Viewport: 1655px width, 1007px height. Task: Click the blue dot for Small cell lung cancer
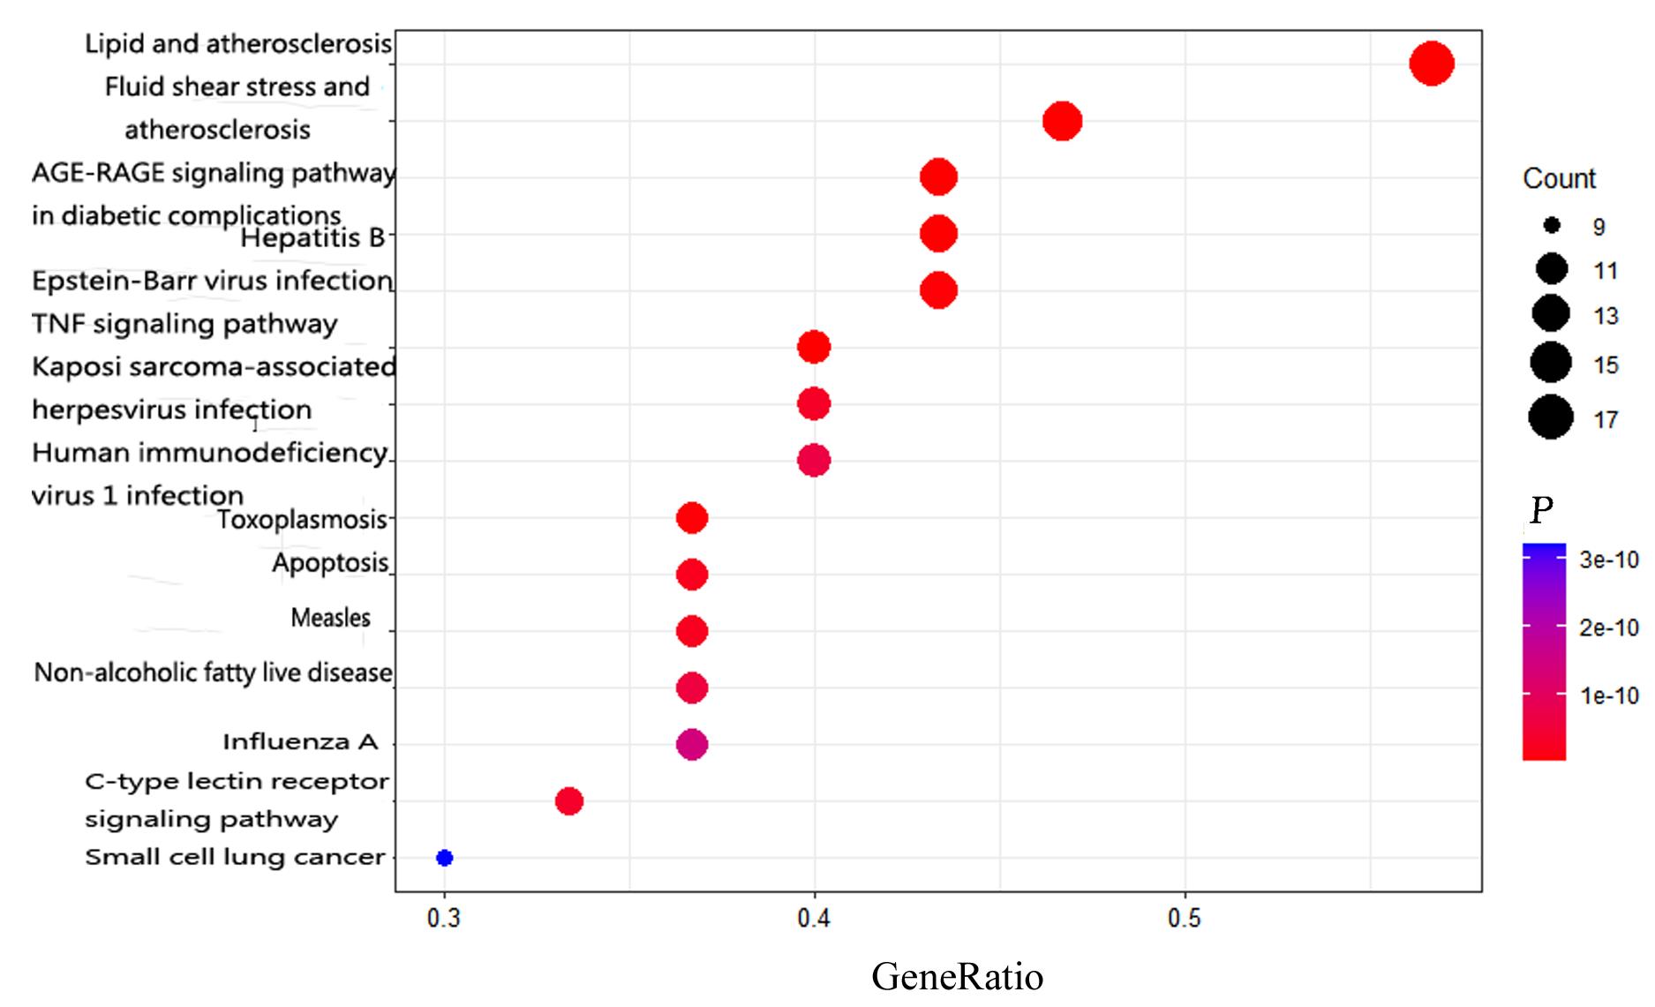pos(445,858)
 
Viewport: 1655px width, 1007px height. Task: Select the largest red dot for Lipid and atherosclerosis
pos(1432,64)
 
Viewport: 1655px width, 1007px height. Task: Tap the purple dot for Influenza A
pos(692,745)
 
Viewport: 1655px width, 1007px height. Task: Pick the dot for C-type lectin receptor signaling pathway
pos(569,801)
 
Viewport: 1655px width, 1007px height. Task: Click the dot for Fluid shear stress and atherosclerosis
pos(1063,121)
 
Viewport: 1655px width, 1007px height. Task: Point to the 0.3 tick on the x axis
pos(444,919)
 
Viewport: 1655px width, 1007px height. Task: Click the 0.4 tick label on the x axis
pos(814,919)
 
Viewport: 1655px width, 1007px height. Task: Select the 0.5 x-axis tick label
pos(1185,919)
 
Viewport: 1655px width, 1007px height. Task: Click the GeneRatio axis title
pos(957,977)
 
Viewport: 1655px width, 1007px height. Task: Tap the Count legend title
pos(1559,179)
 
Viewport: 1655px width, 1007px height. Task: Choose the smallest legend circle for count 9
pos(1552,226)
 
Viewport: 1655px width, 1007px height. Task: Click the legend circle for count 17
pos(1551,417)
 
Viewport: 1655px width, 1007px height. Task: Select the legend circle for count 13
pos(1551,313)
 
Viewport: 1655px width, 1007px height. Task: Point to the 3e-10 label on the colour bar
pos(1609,560)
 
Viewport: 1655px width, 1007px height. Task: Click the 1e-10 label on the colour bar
pos(1609,696)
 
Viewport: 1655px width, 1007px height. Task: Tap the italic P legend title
pos(1541,510)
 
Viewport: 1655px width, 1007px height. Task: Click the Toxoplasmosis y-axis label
pos(302,520)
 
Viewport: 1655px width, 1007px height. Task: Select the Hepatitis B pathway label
pos(312,238)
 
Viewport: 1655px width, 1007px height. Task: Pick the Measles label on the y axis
pos(331,618)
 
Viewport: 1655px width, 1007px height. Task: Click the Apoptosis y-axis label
pos(330,563)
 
